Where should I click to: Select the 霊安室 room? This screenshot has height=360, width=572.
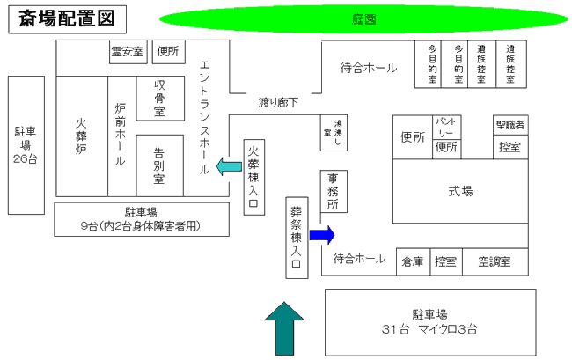pos(127,52)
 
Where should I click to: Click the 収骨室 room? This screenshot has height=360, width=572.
pos(160,97)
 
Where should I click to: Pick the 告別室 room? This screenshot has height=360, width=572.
pos(159,164)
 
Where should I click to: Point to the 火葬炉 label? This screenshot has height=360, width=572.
pos(81,136)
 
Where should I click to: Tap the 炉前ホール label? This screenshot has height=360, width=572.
pos(121,136)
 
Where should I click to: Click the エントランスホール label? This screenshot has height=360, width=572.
pos(205,117)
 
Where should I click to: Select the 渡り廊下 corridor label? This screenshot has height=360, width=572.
pos(278,102)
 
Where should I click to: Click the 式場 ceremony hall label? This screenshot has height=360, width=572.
pos(460,191)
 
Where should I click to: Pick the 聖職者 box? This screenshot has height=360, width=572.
pos(510,125)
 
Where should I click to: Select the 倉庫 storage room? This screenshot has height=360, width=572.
pos(413,261)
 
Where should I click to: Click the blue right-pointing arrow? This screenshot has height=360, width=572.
pos(323,234)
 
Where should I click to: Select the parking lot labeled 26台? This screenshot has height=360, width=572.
pos(25,145)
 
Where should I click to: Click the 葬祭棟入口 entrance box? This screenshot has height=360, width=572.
pos(297,238)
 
